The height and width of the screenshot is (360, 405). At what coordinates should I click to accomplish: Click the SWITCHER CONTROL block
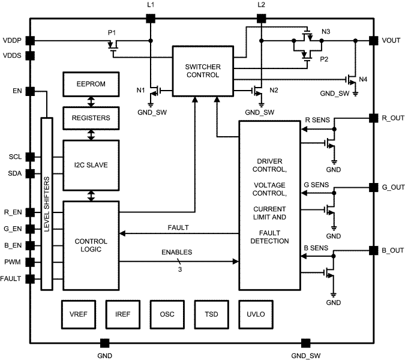tap(202, 70)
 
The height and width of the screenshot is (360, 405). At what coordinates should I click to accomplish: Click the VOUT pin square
tap(373, 41)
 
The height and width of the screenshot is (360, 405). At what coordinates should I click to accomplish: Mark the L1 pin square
tap(150, 18)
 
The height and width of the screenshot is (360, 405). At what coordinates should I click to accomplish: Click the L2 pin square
tap(260, 18)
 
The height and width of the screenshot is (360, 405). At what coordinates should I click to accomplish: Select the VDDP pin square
tap(30, 41)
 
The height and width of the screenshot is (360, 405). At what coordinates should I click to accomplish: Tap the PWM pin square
tap(30, 262)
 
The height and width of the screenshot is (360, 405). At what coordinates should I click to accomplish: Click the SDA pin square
tap(30, 174)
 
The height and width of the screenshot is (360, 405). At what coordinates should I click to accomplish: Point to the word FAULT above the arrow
tap(179, 228)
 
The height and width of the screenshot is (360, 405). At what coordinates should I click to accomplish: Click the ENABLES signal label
tap(176, 253)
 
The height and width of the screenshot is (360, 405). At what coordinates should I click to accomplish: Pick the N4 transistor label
tap(362, 79)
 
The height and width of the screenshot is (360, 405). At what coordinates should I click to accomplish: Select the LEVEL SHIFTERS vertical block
tap(46, 204)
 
